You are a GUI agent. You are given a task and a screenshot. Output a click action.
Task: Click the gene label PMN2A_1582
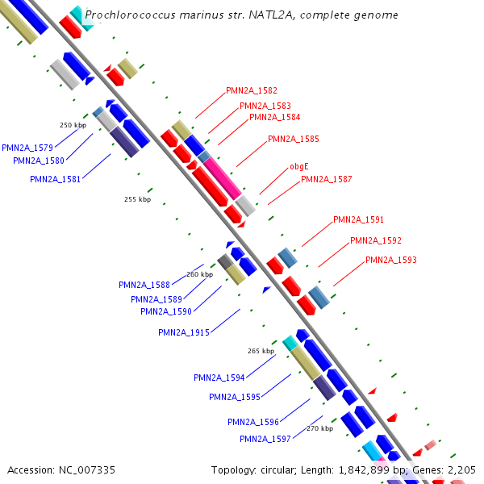click(251, 90)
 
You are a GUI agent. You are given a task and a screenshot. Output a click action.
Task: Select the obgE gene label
click(299, 167)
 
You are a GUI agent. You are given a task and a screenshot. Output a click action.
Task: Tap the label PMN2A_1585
click(293, 139)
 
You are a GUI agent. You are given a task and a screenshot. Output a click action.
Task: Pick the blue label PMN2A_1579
click(27, 148)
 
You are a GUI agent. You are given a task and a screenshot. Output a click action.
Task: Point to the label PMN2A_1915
click(184, 332)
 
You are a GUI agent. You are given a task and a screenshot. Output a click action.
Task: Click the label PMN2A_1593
click(390, 260)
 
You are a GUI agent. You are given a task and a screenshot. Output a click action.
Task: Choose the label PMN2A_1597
click(265, 439)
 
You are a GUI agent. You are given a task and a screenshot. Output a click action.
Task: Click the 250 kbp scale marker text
click(73, 125)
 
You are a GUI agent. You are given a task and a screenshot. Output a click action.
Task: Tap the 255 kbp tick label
click(137, 199)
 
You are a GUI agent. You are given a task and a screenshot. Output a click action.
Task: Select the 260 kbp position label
click(199, 274)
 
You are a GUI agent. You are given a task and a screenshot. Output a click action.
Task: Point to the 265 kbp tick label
click(261, 351)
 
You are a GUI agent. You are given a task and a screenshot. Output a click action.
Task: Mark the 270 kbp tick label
click(319, 428)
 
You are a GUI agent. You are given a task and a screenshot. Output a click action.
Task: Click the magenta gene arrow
click(222, 177)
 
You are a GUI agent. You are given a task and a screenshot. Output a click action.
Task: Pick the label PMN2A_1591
click(358, 219)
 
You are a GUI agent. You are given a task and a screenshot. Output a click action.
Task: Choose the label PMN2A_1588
click(144, 285)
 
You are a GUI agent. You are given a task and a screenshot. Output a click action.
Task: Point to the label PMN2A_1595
click(234, 397)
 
